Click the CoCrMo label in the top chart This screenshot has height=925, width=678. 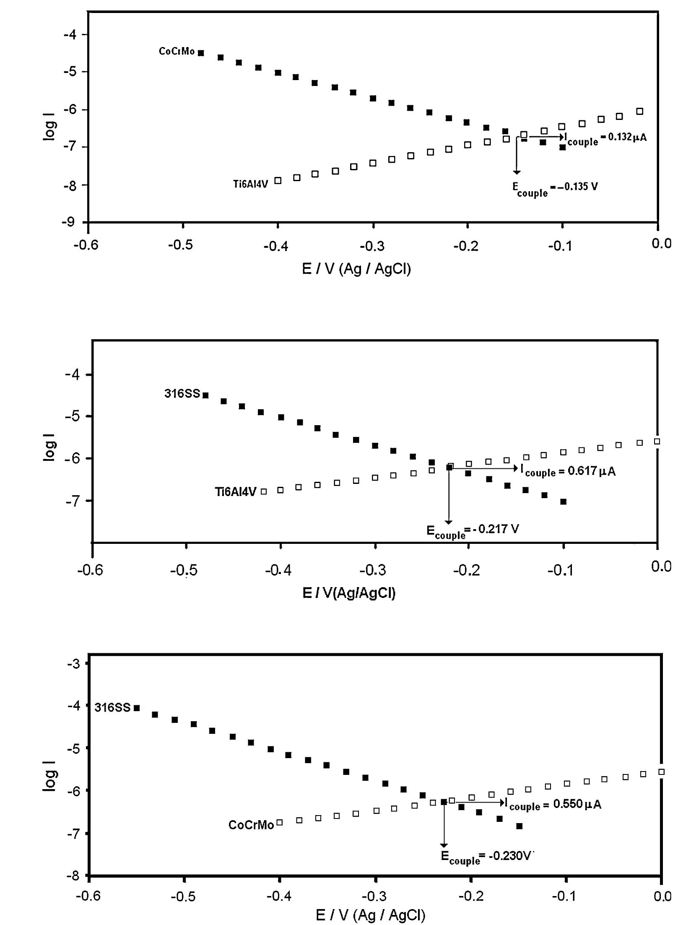coord(177,52)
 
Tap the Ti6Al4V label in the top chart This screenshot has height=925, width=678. coord(250,184)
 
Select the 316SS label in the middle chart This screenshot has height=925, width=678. coord(182,394)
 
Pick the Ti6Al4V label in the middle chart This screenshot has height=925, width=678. coord(236,492)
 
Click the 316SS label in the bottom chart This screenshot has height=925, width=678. coord(112,708)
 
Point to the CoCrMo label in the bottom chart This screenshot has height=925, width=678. coord(251,825)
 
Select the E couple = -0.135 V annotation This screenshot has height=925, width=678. coord(555,188)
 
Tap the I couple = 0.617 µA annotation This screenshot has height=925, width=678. coord(568,471)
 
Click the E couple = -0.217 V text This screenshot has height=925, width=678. coord(473,530)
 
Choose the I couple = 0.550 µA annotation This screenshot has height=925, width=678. coord(553,805)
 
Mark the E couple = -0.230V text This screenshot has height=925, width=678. coord(486,856)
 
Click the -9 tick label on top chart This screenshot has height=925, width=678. coord(69,222)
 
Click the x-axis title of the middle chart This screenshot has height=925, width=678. coord(349,593)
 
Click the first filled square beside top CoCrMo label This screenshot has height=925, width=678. coord(201,53)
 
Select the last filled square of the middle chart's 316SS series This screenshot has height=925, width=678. coord(563,501)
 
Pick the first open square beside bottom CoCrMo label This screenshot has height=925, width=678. coord(279,822)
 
